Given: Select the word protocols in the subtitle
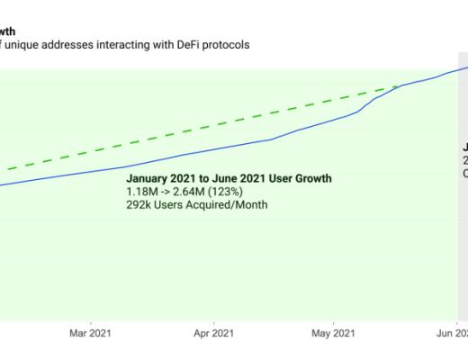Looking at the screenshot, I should tap(221, 44).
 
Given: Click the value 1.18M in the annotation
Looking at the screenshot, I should tap(142, 192).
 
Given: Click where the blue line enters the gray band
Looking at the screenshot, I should tap(459, 68).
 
